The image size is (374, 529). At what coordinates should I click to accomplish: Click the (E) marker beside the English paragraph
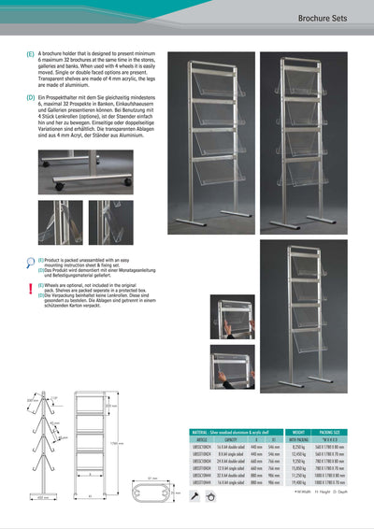click(31, 56)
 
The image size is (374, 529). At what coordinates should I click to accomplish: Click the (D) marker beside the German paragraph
click(31, 97)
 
